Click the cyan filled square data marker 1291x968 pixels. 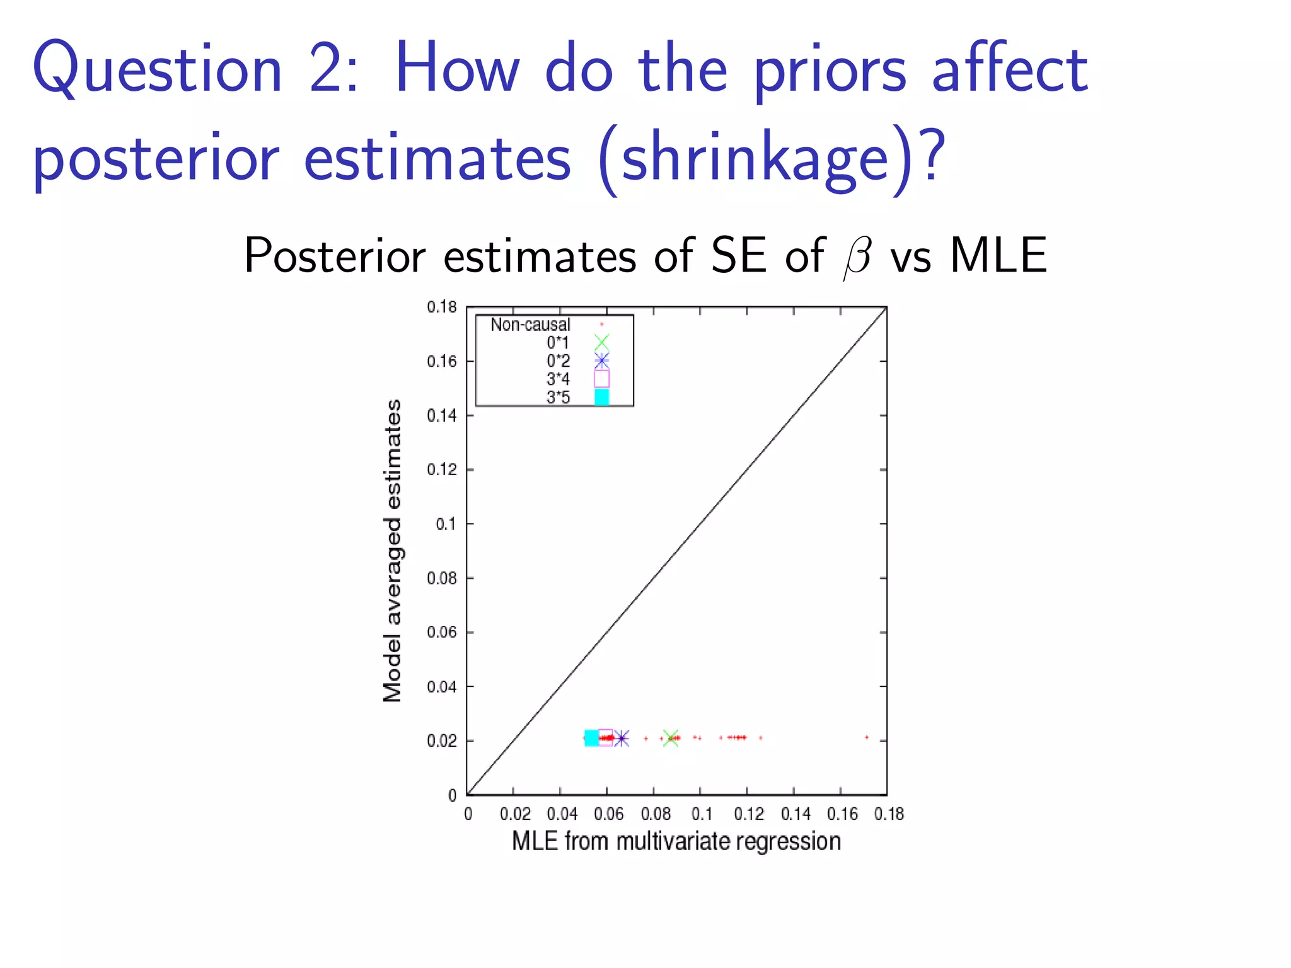[591, 738]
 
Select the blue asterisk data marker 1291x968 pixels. [622, 738]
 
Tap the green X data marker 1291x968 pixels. [671, 738]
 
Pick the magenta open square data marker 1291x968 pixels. [605, 738]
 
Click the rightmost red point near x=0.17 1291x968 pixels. [867, 737]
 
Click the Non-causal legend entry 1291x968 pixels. [530, 325]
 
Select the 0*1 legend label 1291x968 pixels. [558, 343]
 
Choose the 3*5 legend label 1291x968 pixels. [558, 398]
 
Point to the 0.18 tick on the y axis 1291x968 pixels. [441, 307]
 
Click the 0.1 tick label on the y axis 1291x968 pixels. [446, 524]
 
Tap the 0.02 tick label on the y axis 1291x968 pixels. [441, 741]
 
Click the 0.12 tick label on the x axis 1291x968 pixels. [748, 814]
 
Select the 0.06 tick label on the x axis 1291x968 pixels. [608, 814]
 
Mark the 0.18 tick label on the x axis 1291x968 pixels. [889, 814]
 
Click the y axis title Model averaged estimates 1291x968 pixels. [393, 550]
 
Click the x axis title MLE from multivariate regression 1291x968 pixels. [676, 841]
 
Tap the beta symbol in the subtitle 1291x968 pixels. [857, 257]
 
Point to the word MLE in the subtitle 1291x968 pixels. [998, 255]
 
